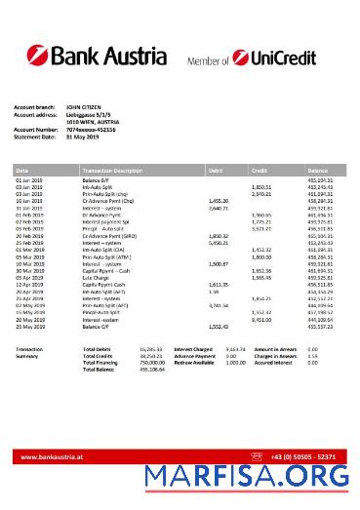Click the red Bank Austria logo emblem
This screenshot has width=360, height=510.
tap(34, 56)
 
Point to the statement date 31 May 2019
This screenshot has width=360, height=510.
tap(83, 137)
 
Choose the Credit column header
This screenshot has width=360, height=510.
tap(260, 171)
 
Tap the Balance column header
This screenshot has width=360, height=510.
tap(318, 171)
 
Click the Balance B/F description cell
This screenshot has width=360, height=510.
tap(99, 181)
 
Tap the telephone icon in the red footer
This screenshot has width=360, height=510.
tap(257, 455)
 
